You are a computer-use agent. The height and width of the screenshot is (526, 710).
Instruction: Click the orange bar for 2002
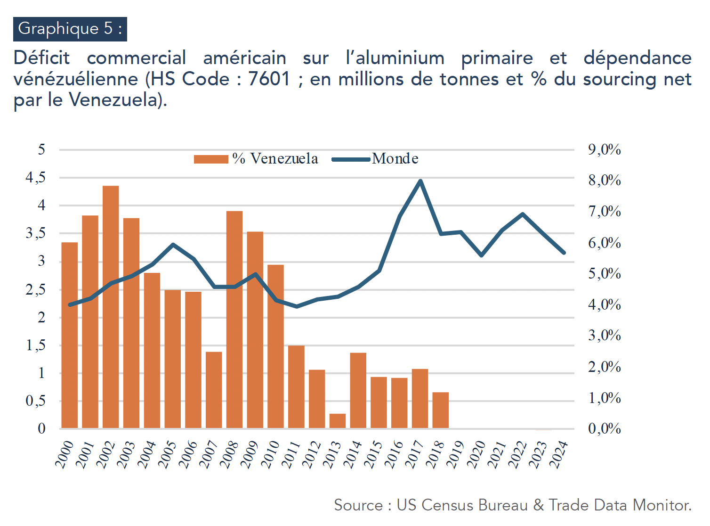[x=111, y=306]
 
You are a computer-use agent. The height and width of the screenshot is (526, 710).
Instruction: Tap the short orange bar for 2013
[x=338, y=421]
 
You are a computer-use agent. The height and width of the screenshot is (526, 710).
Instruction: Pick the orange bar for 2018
[x=441, y=410]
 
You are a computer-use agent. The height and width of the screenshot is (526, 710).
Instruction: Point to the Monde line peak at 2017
[x=420, y=181]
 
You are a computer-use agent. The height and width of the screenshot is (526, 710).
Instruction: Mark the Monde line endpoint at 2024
[x=564, y=253]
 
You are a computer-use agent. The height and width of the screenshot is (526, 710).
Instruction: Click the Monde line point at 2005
[x=173, y=245]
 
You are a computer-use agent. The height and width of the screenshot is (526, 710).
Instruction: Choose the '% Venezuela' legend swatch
[x=211, y=159]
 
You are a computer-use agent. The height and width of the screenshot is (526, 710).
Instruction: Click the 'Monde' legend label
[x=395, y=159]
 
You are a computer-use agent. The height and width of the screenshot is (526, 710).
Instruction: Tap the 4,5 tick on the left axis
[x=36, y=178]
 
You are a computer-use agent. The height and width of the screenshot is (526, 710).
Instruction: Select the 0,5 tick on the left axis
[x=36, y=401]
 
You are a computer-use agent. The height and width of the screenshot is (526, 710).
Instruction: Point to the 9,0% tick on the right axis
[x=604, y=150]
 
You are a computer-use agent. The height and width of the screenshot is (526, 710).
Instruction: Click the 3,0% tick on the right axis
[x=604, y=336]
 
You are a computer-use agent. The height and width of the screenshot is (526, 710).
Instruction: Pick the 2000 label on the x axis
[x=65, y=454]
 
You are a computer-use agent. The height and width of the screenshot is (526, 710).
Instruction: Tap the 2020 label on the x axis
[x=476, y=454]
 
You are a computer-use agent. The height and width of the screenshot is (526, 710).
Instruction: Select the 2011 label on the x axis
[x=291, y=454]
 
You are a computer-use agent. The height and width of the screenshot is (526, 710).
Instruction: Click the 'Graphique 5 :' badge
[x=70, y=29]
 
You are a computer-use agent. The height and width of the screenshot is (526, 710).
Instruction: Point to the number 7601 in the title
[x=269, y=79]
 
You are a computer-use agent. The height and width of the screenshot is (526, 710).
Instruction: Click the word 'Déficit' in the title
[x=41, y=58]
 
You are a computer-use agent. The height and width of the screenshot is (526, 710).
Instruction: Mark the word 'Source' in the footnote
[x=358, y=505]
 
